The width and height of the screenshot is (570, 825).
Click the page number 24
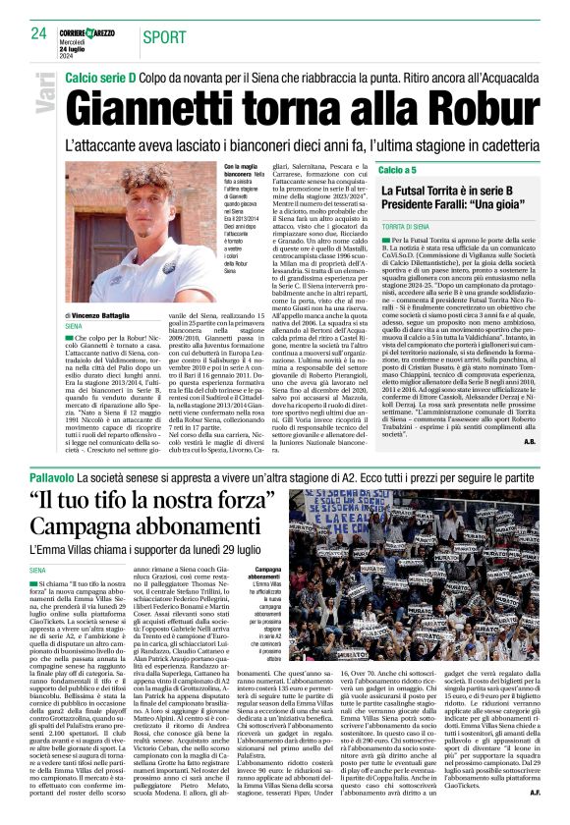point(37,33)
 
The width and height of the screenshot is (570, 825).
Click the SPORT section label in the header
point(164,37)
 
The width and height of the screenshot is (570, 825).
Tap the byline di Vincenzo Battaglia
point(109,314)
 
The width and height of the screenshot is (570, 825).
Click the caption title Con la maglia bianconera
point(241,171)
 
